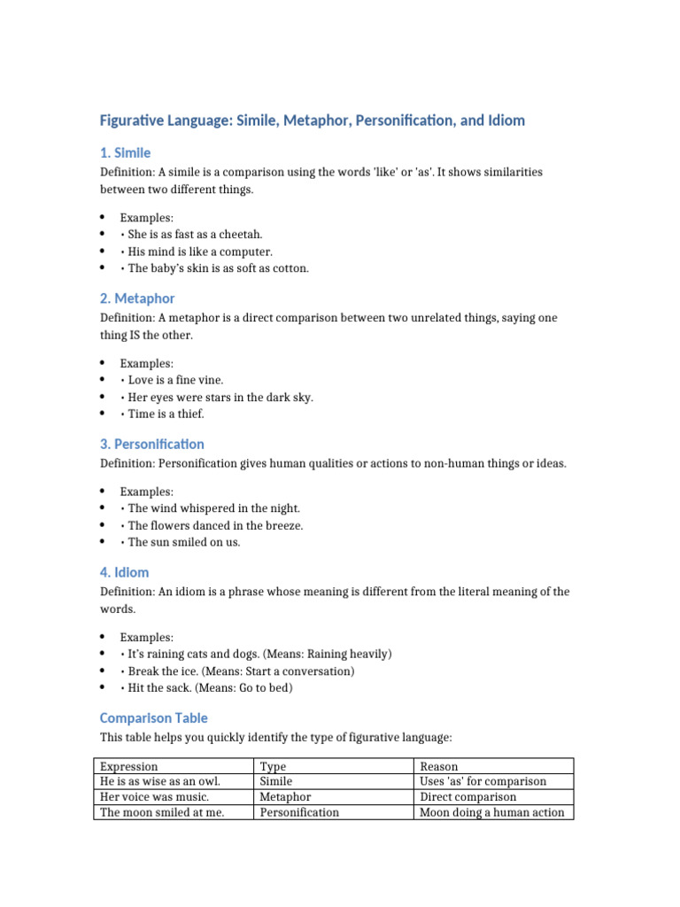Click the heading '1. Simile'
[x=125, y=153]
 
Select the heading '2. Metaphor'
[x=137, y=298]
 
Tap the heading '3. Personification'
[x=151, y=444]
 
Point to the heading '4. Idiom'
[x=124, y=572]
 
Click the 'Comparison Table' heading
[x=154, y=717]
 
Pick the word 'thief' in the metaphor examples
[x=189, y=414]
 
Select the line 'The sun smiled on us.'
[x=184, y=542]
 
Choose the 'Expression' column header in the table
[x=129, y=766]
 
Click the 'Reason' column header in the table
[x=439, y=766]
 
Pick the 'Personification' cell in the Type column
[x=299, y=812]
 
